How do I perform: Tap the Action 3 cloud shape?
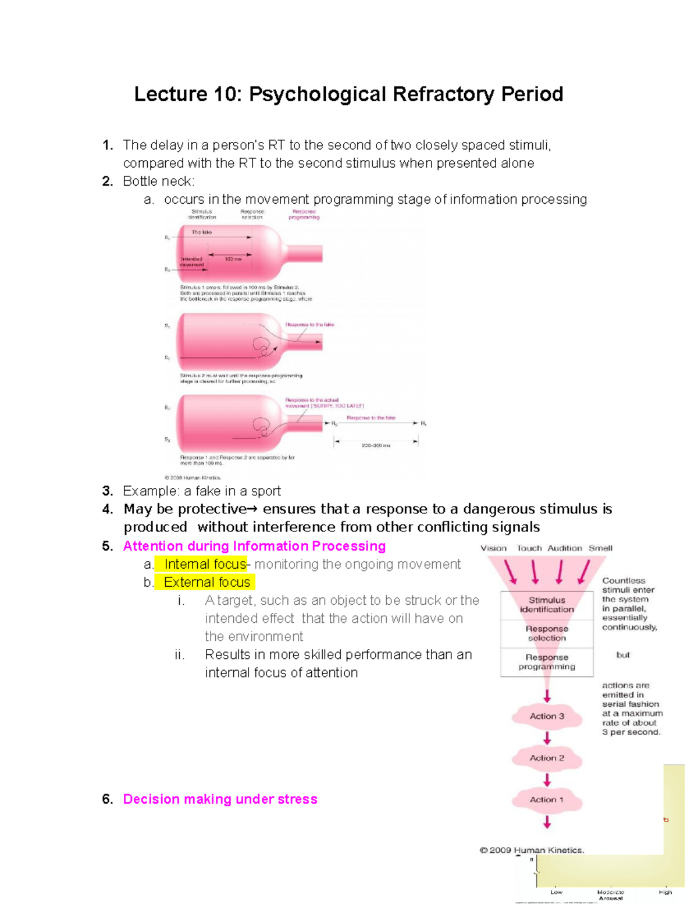(547, 716)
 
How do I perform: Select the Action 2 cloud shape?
(547, 758)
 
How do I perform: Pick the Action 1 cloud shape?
(547, 800)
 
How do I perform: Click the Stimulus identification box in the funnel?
(547, 605)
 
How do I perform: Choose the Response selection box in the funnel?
(547, 633)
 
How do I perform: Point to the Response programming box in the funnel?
(547, 662)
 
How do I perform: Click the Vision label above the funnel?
(493, 548)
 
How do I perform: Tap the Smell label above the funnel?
(600, 548)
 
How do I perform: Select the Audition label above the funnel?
(564, 548)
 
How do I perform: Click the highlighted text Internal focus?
(205, 564)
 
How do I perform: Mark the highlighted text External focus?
(206, 582)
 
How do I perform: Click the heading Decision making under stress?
(220, 799)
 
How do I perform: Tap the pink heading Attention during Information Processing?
(254, 546)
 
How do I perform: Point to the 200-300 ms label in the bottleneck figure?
(376, 445)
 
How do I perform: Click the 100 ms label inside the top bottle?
(233, 259)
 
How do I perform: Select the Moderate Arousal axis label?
(610, 895)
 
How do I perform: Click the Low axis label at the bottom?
(556, 892)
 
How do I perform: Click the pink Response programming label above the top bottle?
(304, 214)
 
